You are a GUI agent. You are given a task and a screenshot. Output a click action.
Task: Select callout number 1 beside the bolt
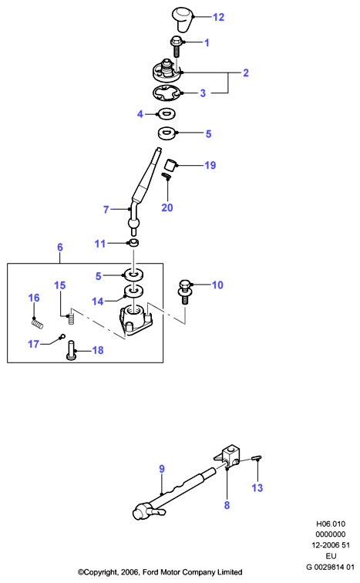(207, 42)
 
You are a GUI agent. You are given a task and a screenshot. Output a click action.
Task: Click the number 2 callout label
(246, 72)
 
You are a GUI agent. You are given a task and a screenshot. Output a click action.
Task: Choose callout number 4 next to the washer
(140, 114)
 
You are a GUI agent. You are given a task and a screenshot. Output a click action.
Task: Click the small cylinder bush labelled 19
(170, 164)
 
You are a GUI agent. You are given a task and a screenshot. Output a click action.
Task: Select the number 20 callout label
(167, 207)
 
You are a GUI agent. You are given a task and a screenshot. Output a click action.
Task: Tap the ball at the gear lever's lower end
(133, 224)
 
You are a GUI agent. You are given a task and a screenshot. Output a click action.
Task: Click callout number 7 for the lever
(106, 210)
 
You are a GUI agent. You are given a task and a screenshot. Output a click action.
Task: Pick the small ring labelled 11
(133, 243)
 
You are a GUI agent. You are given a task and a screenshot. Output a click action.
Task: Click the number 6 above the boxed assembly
(60, 248)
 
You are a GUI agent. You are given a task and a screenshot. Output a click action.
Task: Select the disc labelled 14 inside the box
(133, 291)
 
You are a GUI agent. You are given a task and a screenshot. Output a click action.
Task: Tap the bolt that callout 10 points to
(185, 291)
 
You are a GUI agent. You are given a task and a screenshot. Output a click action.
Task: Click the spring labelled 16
(37, 324)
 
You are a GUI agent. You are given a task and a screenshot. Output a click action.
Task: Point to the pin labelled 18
(71, 350)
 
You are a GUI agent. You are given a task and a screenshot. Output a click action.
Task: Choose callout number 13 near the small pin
(257, 487)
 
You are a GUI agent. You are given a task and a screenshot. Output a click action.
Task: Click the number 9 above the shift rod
(162, 469)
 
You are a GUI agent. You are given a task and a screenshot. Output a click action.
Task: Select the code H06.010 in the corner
(331, 524)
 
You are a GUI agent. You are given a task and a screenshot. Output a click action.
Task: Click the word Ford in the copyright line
(150, 572)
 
